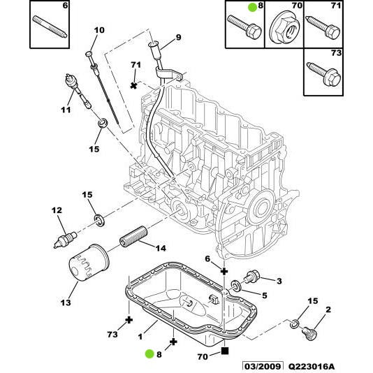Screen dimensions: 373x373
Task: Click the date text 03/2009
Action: click(x=262, y=366)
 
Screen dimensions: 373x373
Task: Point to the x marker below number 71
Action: click(x=134, y=85)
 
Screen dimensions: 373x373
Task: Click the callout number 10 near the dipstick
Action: click(x=98, y=30)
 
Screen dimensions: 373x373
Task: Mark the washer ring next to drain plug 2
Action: click(x=295, y=325)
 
